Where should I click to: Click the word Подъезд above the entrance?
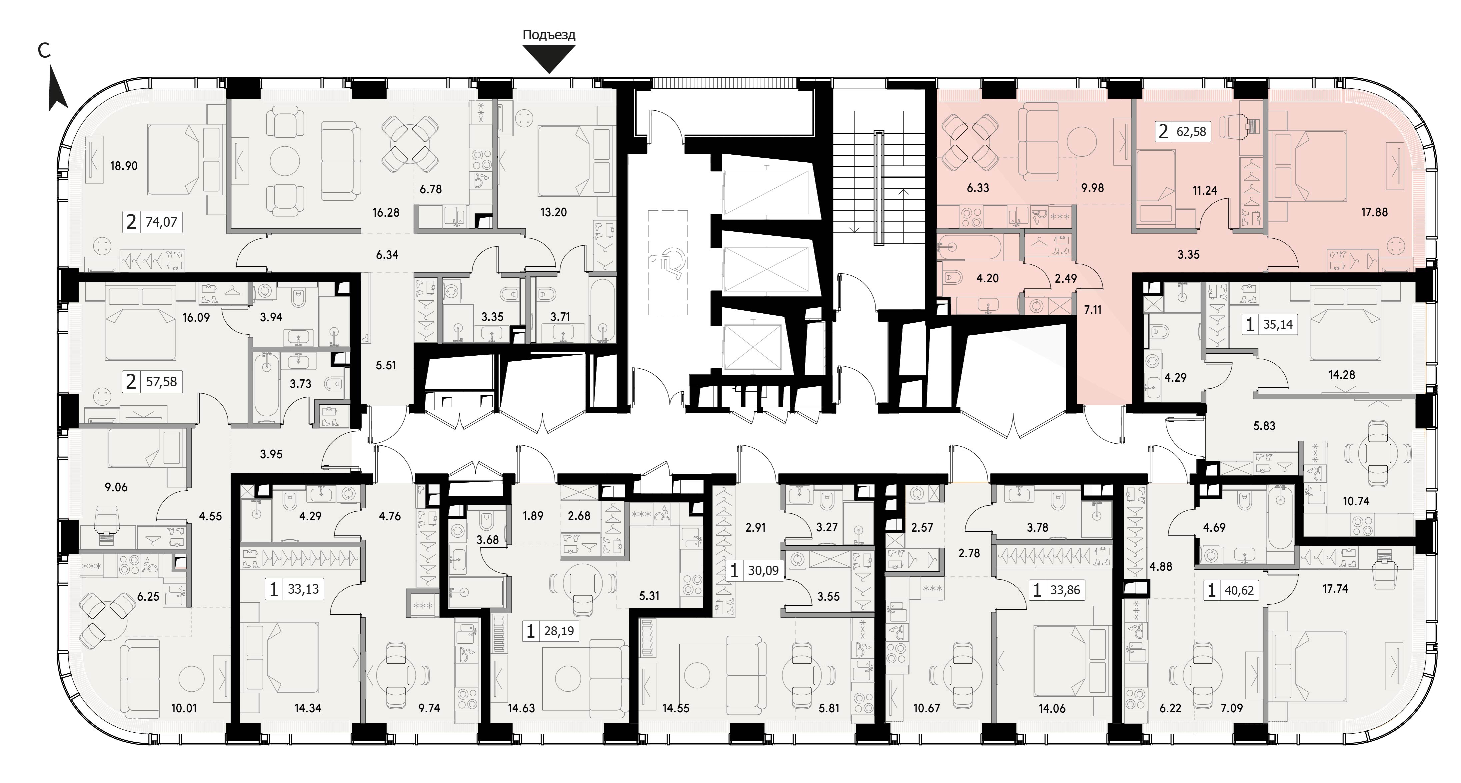point(549,35)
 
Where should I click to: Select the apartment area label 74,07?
point(161,222)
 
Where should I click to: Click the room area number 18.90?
point(124,166)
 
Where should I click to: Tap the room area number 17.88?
point(1374,212)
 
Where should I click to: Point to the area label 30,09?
point(763,570)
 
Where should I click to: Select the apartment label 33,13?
point(303,590)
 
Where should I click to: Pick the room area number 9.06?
point(116,487)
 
